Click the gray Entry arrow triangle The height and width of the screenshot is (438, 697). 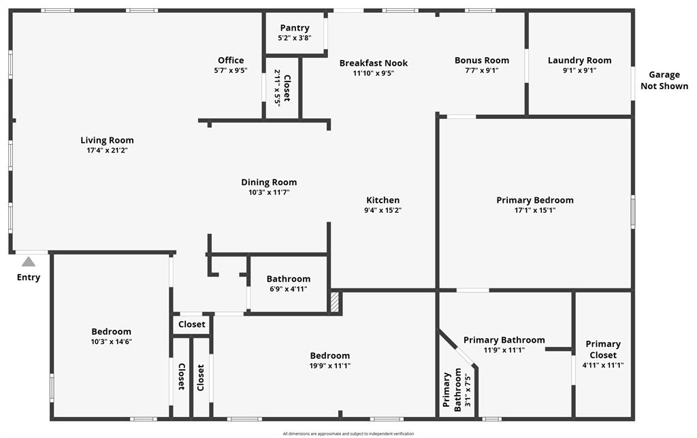[x=29, y=262]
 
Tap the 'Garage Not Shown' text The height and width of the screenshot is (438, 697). [x=664, y=80]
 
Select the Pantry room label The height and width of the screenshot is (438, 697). [x=294, y=28]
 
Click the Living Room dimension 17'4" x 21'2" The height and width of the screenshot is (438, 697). [x=107, y=150]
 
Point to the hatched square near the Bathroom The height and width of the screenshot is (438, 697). [x=334, y=302]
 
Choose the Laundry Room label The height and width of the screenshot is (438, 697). [x=579, y=61]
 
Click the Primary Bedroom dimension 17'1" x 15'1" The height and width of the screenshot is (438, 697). [x=534, y=210]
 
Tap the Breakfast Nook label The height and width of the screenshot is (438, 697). [x=374, y=63]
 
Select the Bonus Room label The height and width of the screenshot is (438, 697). [x=482, y=61]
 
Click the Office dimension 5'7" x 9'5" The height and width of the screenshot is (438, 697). [x=231, y=70]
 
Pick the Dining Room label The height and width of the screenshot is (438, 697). [x=269, y=182]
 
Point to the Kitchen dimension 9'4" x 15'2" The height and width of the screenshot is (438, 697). [x=383, y=210]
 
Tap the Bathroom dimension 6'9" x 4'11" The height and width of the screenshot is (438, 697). [x=288, y=288]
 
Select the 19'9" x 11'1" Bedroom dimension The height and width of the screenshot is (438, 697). [x=330, y=365]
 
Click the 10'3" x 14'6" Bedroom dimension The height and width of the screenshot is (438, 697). [x=112, y=341]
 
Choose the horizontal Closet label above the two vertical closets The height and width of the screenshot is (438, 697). [x=191, y=324]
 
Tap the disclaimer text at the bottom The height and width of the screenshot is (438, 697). [x=348, y=433]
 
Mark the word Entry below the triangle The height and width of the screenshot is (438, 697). [x=29, y=277]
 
